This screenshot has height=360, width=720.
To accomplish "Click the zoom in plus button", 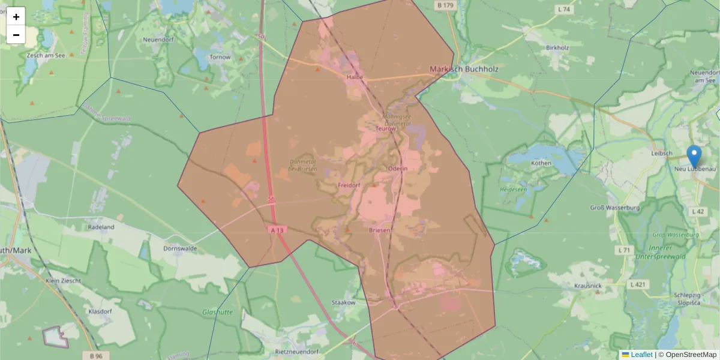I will [16, 17].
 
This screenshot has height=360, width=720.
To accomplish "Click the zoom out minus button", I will [16, 35].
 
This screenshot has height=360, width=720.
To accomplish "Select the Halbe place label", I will [355, 77].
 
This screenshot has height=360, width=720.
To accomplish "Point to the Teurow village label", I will [386, 128].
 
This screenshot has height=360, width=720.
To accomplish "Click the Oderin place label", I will [397, 169].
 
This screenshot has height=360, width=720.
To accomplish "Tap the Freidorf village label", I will [349, 185].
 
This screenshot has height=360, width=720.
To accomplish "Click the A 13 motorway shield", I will [276, 229].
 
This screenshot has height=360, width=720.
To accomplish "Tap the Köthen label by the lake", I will [541, 163].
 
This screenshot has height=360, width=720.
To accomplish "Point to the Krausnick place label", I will [587, 286].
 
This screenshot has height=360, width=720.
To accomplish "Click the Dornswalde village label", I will [181, 248].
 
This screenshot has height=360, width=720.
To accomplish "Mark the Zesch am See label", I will [46, 55].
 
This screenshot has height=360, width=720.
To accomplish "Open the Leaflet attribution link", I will [641, 355].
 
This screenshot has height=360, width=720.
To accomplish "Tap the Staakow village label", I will [344, 302].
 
